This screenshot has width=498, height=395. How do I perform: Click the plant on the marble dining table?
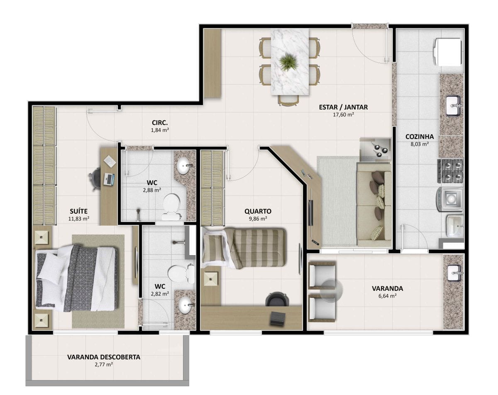[x=288, y=62]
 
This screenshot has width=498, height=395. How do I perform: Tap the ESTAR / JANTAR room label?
[x=343, y=107]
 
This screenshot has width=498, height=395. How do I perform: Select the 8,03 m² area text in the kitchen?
[x=419, y=144]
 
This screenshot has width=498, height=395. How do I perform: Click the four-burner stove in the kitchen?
[x=450, y=171]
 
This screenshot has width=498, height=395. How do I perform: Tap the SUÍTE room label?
[x=79, y=211]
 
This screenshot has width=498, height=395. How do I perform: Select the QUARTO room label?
[x=258, y=211]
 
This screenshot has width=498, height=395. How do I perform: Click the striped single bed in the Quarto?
[x=244, y=248]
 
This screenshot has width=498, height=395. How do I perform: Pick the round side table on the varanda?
[x=331, y=291]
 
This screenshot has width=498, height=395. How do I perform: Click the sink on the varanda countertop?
[x=454, y=273]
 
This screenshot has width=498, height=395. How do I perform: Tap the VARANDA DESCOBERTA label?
[x=104, y=357]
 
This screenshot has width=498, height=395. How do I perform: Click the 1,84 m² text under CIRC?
[x=160, y=130]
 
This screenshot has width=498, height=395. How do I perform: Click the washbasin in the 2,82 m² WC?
[x=186, y=306]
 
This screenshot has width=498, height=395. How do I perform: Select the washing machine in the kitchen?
[x=449, y=200]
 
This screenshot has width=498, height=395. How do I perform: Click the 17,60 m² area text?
[x=344, y=115]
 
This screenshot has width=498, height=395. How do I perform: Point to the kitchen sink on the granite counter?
[x=453, y=106]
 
